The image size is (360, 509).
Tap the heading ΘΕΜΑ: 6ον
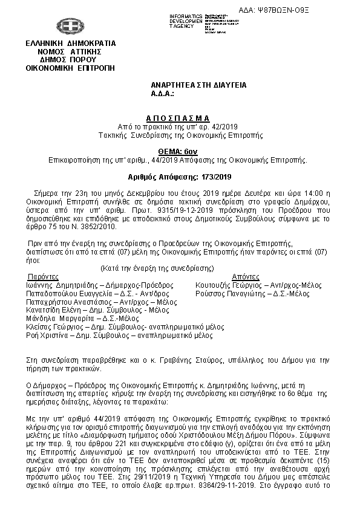pyautogui.click(x=177, y=152)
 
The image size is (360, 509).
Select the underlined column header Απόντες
pyautogui.click(x=231, y=276)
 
